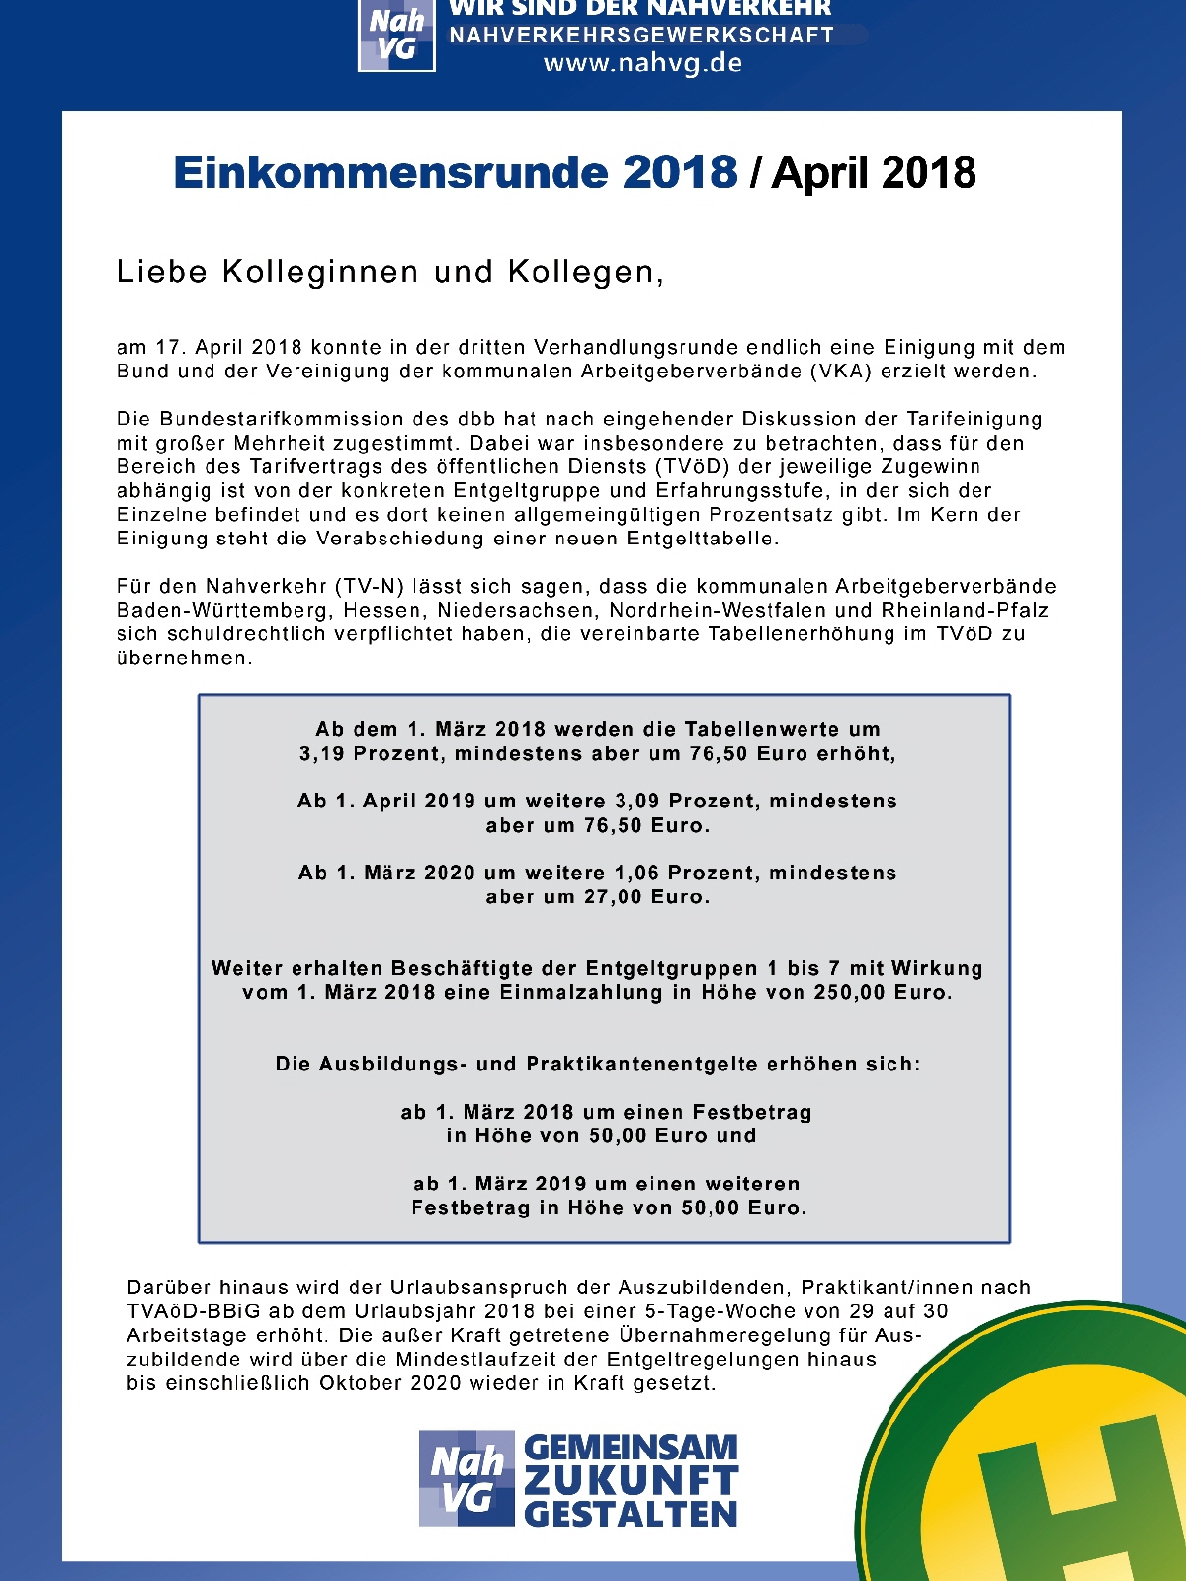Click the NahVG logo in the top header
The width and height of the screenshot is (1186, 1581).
tap(396, 36)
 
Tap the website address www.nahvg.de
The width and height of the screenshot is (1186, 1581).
tap(642, 64)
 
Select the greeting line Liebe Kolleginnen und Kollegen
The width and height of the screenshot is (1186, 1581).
tap(389, 272)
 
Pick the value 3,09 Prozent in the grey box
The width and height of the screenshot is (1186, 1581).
tap(687, 801)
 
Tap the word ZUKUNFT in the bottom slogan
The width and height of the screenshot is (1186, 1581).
tap(631, 1481)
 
